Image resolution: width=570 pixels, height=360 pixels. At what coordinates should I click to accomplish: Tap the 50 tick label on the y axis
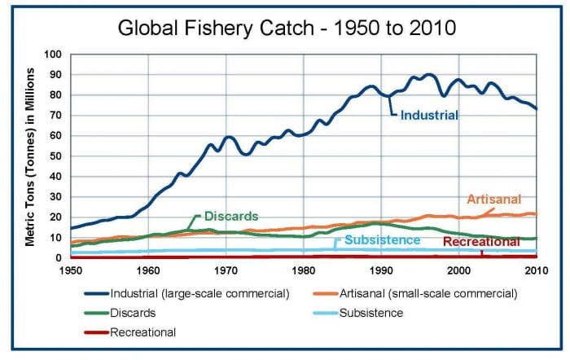coord(55,156)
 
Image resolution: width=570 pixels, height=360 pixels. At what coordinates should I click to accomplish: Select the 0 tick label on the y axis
coord(59,258)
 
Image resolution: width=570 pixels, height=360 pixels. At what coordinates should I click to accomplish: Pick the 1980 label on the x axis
coord(304,270)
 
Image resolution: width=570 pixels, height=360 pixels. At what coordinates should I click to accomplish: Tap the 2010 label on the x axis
coord(536,270)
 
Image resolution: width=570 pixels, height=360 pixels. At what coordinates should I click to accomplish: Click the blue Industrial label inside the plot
coord(429,116)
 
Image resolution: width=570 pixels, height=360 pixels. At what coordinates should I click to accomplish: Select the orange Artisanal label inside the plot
coord(493,200)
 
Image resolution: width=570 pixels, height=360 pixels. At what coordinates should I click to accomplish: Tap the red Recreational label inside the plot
coord(481,242)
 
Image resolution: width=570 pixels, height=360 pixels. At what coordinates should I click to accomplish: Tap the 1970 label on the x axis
coord(226,270)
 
